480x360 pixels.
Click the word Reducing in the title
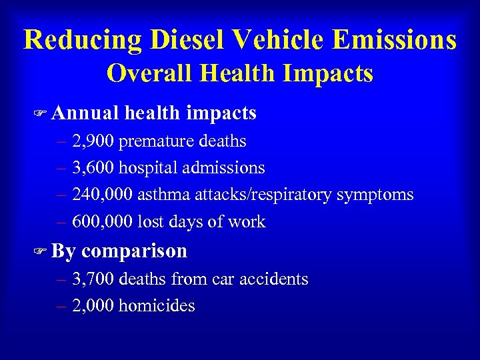(77, 39)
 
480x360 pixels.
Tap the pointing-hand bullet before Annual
(42, 114)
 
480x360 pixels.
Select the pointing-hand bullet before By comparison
(42, 251)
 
